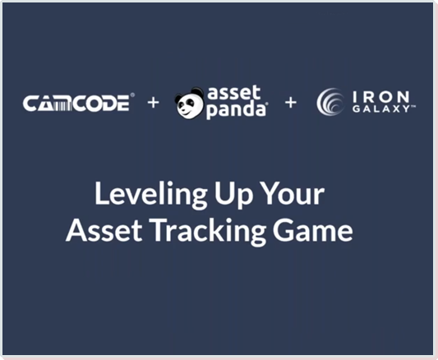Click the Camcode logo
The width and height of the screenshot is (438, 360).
pyautogui.click(x=79, y=103)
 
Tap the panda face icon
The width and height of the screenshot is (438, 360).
pyautogui.click(x=189, y=102)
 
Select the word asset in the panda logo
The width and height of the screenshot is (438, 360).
pyautogui.click(x=234, y=93)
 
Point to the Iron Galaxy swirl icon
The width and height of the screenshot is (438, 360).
pyautogui.click(x=330, y=101)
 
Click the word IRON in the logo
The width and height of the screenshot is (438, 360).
pyautogui.click(x=381, y=97)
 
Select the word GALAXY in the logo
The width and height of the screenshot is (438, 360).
pyautogui.click(x=381, y=109)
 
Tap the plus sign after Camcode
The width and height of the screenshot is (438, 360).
pyautogui.click(x=153, y=103)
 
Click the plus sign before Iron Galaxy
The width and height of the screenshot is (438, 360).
pyautogui.click(x=291, y=102)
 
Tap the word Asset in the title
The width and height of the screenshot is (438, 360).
pyautogui.click(x=104, y=231)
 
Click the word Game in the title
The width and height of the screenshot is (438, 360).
pyautogui.click(x=313, y=231)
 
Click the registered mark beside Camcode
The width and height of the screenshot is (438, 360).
pyautogui.click(x=132, y=95)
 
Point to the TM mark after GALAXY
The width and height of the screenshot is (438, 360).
pyautogui.click(x=413, y=106)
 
